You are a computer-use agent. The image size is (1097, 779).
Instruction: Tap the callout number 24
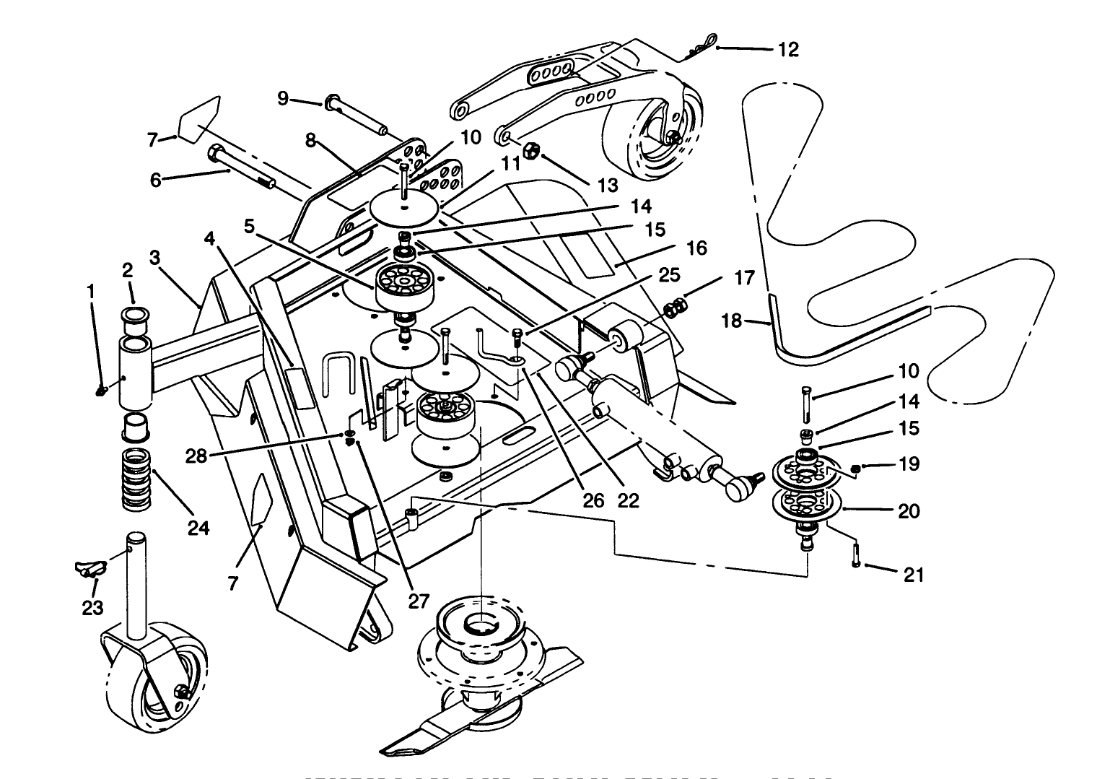198,528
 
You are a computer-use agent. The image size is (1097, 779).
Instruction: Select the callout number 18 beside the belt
732,320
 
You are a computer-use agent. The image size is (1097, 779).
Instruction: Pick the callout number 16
696,248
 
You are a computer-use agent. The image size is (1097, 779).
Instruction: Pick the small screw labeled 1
102,391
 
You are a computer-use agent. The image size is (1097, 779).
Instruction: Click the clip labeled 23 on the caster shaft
87,567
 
